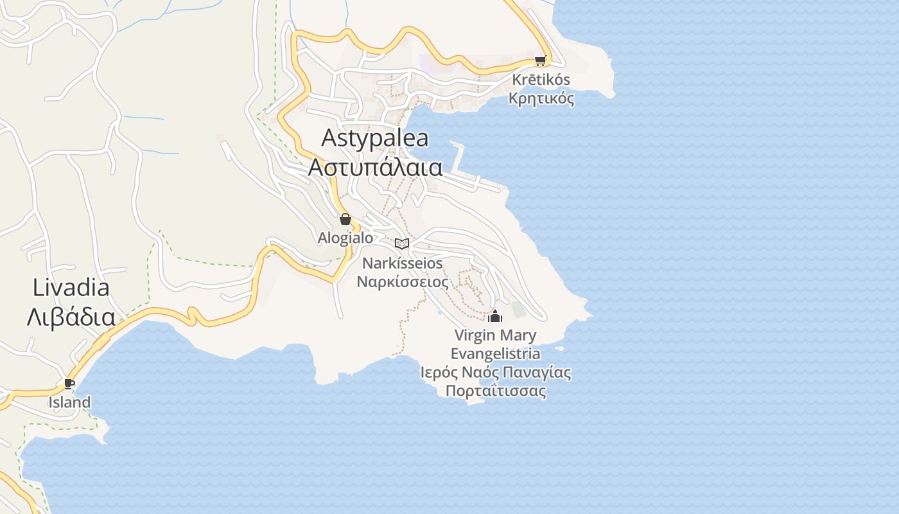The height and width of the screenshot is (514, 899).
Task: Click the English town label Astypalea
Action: (x=375, y=138)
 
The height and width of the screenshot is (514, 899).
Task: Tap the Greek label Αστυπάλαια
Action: (x=375, y=168)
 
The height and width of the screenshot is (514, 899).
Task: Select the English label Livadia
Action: (x=71, y=288)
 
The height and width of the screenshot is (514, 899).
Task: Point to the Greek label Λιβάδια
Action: (x=71, y=317)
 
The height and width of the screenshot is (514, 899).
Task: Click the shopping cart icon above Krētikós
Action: (x=540, y=61)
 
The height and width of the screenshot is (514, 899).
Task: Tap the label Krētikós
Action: (x=541, y=80)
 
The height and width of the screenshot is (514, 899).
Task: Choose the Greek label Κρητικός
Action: (x=541, y=99)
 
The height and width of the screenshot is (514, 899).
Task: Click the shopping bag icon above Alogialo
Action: (x=345, y=219)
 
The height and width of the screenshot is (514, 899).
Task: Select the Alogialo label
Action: (x=345, y=238)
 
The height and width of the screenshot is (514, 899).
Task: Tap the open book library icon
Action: (x=402, y=244)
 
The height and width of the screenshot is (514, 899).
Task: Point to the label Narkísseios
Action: (x=403, y=263)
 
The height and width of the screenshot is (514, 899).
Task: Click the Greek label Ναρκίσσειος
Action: (x=403, y=281)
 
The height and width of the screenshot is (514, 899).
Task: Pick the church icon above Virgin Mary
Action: (x=495, y=316)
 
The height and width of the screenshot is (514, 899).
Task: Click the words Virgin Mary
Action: (x=495, y=335)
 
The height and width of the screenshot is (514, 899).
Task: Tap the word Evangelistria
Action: (x=495, y=354)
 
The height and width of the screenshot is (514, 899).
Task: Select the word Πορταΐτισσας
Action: (x=495, y=391)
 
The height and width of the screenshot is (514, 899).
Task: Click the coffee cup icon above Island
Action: (x=69, y=384)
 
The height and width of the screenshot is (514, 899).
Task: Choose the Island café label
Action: (x=69, y=403)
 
